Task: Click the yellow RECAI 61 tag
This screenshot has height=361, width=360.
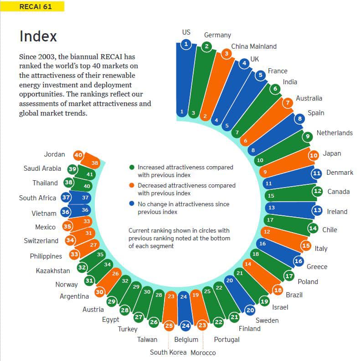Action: pyautogui.click(x=32, y=6)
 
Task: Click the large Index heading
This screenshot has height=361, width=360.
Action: pyautogui.click(x=38, y=36)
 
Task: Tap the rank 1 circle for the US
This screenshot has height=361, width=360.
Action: pyautogui.click(x=186, y=44)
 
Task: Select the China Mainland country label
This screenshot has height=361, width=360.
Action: pyautogui.click(x=254, y=46)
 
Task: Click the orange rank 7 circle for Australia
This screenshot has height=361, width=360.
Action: pyautogui.click(x=288, y=103)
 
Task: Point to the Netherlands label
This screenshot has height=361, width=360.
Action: pyautogui.click(x=334, y=133)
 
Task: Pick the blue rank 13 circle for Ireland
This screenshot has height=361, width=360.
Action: pyautogui.click(x=317, y=210)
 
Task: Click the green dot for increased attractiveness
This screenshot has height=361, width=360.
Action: pyautogui.click(x=132, y=167)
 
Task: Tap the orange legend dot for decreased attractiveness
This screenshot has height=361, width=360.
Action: pyautogui.click(x=132, y=185)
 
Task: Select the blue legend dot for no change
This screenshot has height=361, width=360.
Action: pyautogui.click(x=132, y=203)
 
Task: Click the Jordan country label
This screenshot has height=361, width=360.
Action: pyautogui.click(x=54, y=154)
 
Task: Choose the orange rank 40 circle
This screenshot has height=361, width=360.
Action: pyautogui.click(x=78, y=155)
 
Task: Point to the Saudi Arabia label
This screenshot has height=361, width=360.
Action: pyautogui.click(x=42, y=168)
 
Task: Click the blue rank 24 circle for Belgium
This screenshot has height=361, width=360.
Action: pyautogui.click(x=185, y=326)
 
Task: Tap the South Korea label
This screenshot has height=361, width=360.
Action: pyautogui.click(x=168, y=352)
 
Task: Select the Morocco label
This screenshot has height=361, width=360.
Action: pyautogui.click(x=203, y=352)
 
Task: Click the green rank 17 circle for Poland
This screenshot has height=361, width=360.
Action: pyautogui.click(x=289, y=276)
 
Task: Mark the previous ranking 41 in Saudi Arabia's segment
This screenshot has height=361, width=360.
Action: pyautogui.click(x=90, y=174)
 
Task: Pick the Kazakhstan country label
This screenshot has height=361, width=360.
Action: pyautogui.click(x=53, y=270)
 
